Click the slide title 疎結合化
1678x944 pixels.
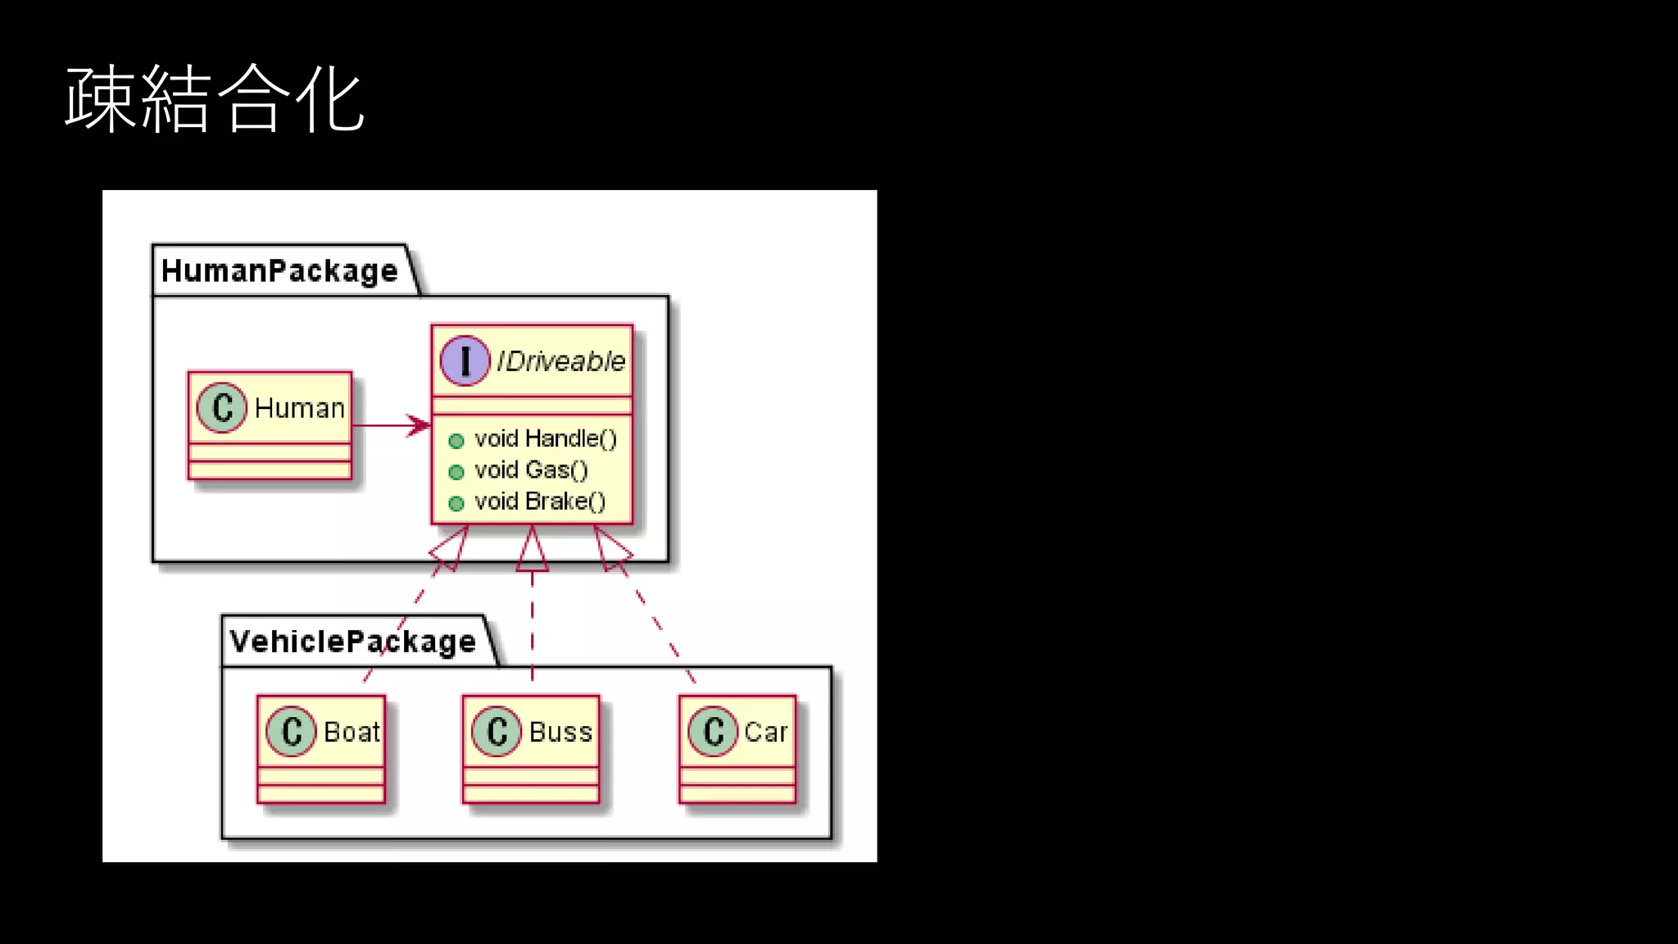(215, 99)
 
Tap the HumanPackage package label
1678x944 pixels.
(279, 270)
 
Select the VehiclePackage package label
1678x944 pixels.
(352, 641)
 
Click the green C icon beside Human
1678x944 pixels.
(221, 407)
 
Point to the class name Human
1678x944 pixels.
(299, 407)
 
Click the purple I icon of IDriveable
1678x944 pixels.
(465, 361)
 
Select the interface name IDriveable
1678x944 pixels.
(560, 361)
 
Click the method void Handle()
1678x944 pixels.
(545, 438)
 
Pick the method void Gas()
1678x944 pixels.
(531, 470)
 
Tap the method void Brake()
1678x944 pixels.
(540, 501)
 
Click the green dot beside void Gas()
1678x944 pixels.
(456, 472)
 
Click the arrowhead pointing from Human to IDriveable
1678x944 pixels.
(420, 425)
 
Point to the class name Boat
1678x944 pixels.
(351, 731)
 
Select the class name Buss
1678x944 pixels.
(560, 731)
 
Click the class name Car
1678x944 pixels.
(765, 731)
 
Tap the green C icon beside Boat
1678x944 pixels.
(291, 731)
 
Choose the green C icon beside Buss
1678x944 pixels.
(497, 731)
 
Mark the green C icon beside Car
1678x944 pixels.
(713, 731)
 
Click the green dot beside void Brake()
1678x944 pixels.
(456, 503)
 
